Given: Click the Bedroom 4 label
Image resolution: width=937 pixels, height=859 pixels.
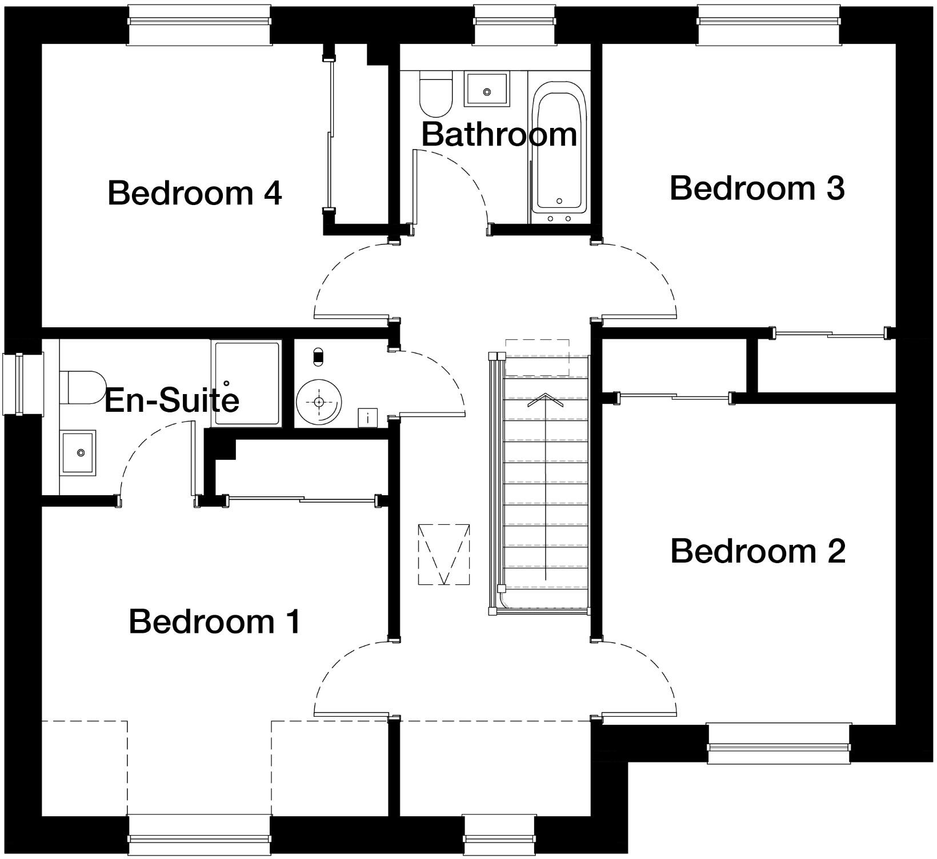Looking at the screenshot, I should (x=194, y=193).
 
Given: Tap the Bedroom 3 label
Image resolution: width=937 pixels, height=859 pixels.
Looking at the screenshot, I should (x=756, y=188).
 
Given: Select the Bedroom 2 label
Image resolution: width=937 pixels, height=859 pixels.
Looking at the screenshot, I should (x=758, y=551).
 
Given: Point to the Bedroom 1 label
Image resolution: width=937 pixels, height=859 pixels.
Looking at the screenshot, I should (x=214, y=621).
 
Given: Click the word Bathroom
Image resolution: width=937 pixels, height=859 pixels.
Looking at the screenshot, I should (x=499, y=135).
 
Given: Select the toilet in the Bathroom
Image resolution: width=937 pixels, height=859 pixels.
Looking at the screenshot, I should (x=435, y=94).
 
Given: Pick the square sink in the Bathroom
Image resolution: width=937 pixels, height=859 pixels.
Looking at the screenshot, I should (x=487, y=90).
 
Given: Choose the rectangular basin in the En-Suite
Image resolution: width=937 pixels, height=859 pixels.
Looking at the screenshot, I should (x=78, y=453).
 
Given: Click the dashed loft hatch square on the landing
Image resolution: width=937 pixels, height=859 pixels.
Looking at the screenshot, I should (x=444, y=553).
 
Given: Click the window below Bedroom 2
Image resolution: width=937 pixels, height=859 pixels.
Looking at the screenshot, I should (x=779, y=744).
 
